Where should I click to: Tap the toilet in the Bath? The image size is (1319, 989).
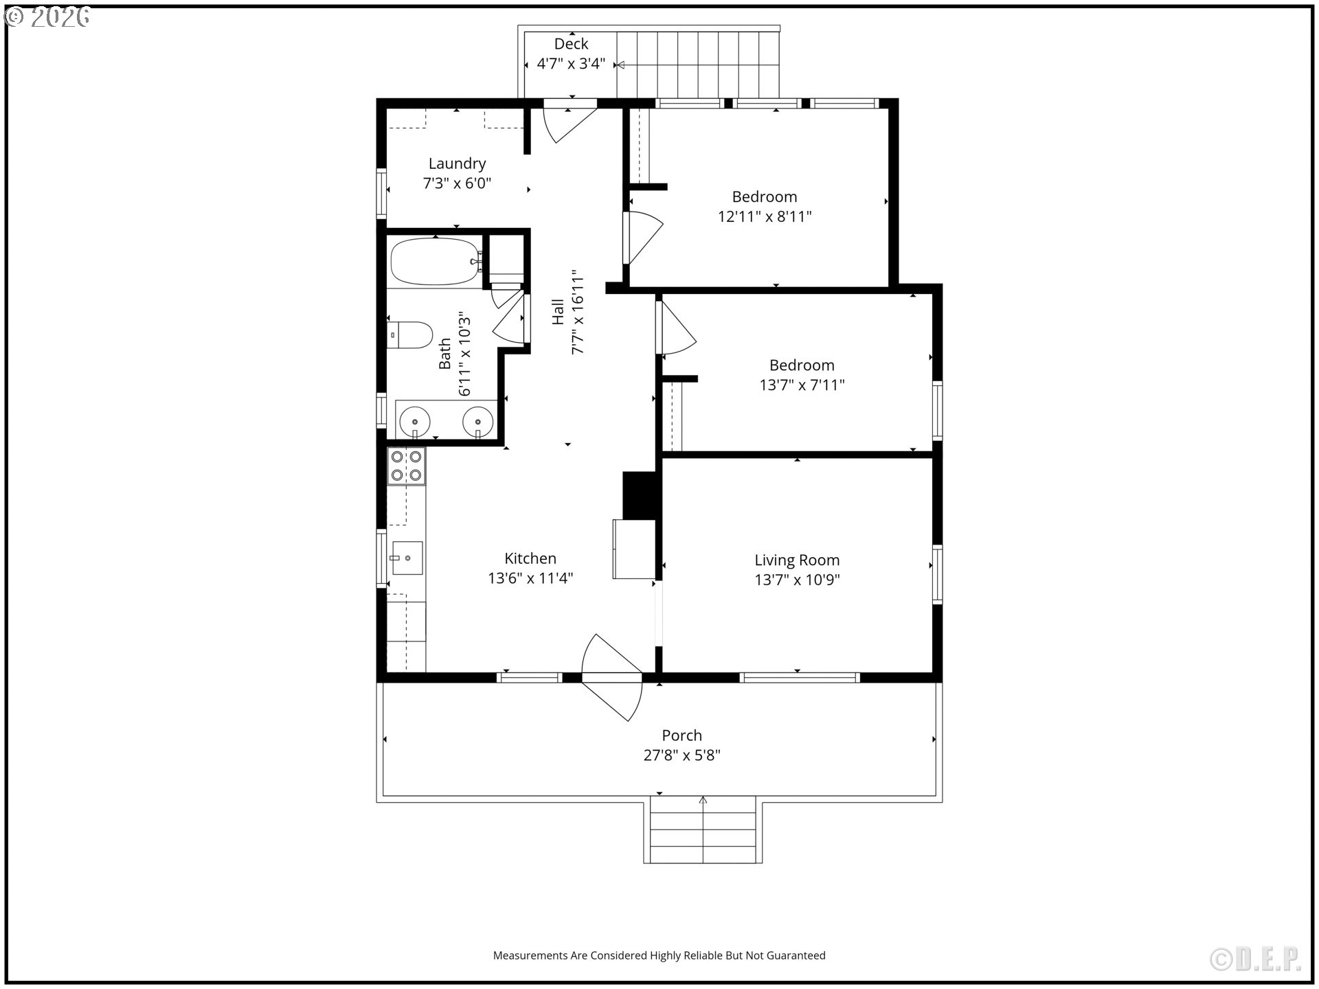[410, 335]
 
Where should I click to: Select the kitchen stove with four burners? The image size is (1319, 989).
[406, 466]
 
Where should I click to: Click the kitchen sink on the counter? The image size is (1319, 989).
[407, 558]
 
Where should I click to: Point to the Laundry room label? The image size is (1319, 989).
[457, 163]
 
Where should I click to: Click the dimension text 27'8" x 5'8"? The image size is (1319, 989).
[681, 755]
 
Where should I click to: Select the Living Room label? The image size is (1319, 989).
[797, 560]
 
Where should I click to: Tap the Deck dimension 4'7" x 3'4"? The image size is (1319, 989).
[571, 64]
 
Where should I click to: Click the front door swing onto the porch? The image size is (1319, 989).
[611, 677]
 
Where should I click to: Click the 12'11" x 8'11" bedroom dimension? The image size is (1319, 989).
[765, 217]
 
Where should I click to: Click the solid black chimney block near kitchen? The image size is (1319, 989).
[640, 495]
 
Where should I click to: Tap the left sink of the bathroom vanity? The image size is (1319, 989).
[415, 420]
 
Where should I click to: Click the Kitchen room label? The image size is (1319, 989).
[530, 558]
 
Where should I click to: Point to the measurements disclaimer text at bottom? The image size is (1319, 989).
[659, 955]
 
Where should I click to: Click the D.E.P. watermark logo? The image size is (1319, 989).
[1255, 959]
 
